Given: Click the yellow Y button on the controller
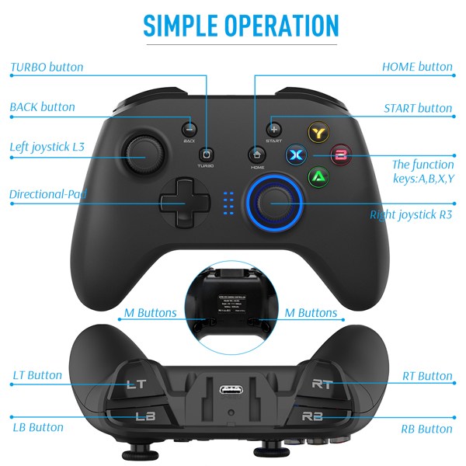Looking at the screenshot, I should [317, 134].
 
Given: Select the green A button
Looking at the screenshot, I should [318, 176].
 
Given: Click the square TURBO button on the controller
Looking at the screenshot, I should [206, 154].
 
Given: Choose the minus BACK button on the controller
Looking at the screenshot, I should [189, 129].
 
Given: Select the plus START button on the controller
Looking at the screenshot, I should [273, 129].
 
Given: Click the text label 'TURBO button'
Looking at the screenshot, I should [47, 67].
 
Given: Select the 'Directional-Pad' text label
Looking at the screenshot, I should [48, 193].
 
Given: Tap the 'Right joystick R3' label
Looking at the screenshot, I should [412, 214].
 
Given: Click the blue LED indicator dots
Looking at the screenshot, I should [227, 203].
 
